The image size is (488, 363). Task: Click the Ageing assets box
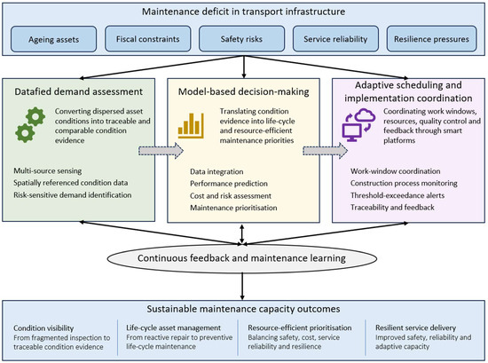pyautogui.click(x=53, y=39)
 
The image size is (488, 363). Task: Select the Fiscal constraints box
pyautogui.click(x=148, y=38)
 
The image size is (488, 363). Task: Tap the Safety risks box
pyautogui.click(x=242, y=38)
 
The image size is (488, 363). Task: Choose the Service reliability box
pyautogui.click(x=335, y=38)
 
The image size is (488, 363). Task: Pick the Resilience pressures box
pyautogui.click(x=432, y=38)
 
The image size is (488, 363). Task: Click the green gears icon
pyautogui.click(x=30, y=124)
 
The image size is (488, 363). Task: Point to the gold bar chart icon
pyautogui.click(x=191, y=125)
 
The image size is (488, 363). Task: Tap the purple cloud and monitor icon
pyautogui.click(x=358, y=125)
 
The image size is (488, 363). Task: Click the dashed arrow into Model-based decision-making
pyautogui.click(x=161, y=151)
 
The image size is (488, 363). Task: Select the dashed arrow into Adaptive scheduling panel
pyautogui.click(x=326, y=151)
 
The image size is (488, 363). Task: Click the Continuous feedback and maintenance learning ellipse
pyautogui.click(x=242, y=258)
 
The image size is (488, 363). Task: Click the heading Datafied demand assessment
pyautogui.click(x=78, y=91)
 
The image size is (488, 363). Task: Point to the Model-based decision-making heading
pyautogui.click(x=244, y=91)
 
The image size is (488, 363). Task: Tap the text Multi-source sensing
pyautogui.click(x=48, y=170)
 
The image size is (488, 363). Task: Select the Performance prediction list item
pyautogui.click(x=229, y=184)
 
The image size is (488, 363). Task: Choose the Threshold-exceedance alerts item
pyautogui.click(x=397, y=195)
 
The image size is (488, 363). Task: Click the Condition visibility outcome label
pyautogui.click(x=43, y=327)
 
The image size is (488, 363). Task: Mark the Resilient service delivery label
pyautogui.click(x=415, y=327)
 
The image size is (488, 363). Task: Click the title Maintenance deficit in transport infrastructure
pyautogui.click(x=244, y=12)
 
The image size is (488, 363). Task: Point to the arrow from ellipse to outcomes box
pyautogui.click(x=242, y=287)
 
